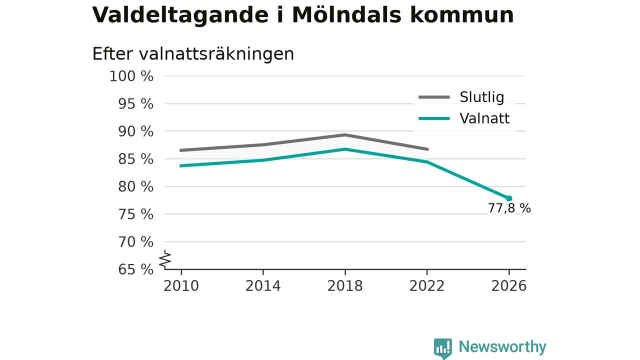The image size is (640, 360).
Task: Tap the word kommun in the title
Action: pyautogui.click(x=462, y=15)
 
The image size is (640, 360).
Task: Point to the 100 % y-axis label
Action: pyautogui.click(x=131, y=76)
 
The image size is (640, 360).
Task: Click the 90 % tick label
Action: pyautogui.click(x=135, y=131)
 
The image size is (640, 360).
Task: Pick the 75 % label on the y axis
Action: pyautogui.click(x=135, y=214)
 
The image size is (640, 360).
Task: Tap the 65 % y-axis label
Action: pyautogui.click(x=135, y=269)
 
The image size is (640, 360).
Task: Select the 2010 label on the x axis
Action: pyautogui.click(x=181, y=286)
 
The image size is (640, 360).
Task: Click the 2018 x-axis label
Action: pyautogui.click(x=345, y=286)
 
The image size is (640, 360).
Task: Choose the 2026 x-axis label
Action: pyautogui.click(x=508, y=286)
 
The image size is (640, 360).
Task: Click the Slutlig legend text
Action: pyautogui.click(x=482, y=97)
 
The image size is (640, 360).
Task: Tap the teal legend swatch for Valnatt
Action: pyautogui.click(x=434, y=118)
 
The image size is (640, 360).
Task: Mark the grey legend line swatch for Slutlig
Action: pyautogui.click(x=434, y=97)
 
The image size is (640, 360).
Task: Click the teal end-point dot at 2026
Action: pyautogui.click(x=509, y=198)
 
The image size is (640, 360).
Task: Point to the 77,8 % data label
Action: pyautogui.click(x=509, y=208)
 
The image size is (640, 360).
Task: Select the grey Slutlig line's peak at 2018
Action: pyautogui.click(x=345, y=135)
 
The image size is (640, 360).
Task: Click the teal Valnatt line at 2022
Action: pyautogui.click(x=427, y=161)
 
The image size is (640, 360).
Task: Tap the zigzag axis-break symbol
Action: pyautogui.click(x=165, y=259)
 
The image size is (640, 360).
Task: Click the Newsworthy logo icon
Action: pyautogui.click(x=443, y=348)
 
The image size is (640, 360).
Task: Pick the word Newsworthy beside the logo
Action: pyautogui.click(x=502, y=347)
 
